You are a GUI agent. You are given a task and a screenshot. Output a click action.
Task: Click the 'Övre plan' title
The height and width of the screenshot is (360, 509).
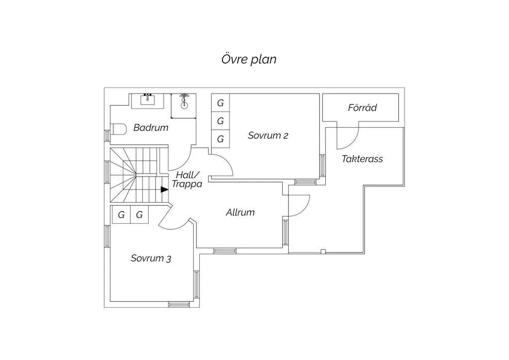point(249,59)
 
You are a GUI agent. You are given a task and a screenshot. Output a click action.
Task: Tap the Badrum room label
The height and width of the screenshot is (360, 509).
point(151,127)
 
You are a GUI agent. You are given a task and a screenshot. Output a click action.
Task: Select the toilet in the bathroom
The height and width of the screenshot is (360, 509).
point(118,129)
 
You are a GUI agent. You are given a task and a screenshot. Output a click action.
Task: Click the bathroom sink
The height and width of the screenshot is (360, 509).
point(148,100)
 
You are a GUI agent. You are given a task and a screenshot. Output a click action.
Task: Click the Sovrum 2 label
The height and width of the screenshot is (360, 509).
point(268,135)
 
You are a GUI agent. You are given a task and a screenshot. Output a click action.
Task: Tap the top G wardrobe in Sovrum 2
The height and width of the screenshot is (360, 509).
point(220,103)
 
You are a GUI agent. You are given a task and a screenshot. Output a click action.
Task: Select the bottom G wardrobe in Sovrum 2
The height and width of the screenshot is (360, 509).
point(220,139)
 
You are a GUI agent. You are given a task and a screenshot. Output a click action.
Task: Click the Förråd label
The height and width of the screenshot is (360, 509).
point(362,107)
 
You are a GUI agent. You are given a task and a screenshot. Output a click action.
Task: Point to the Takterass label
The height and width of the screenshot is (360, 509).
point(362,159)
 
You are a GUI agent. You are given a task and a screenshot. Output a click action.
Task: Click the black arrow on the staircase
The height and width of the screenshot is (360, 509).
point(165,189)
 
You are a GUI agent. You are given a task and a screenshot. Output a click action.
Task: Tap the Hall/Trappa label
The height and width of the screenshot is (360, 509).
point(187,180)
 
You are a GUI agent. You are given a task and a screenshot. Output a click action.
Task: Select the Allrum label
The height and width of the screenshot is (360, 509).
point(240,212)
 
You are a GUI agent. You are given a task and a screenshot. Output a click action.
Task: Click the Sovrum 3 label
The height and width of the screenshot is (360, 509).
point(151,259)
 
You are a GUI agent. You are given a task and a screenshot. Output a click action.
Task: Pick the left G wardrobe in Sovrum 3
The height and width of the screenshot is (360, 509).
point(121,215)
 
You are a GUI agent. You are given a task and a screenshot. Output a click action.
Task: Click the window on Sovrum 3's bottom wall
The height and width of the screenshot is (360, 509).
point(179,304)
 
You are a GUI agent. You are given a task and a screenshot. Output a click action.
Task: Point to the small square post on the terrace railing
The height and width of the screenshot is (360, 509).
point(323,251)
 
